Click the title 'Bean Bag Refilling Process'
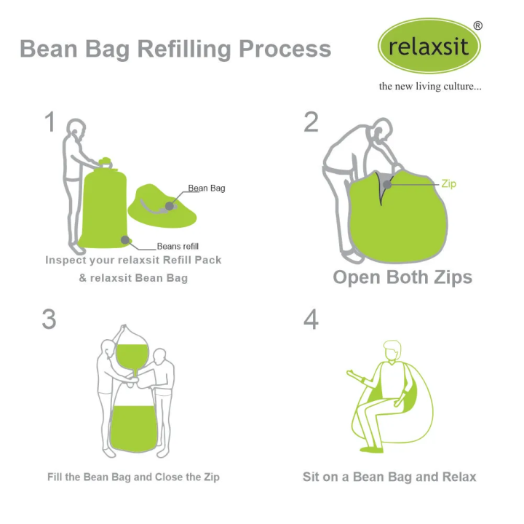[175, 49]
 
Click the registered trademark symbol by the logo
[477, 25]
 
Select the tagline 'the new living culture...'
[429, 86]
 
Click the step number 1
[49, 122]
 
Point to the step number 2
[311, 122]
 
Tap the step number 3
[49, 319]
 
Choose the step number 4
[311, 319]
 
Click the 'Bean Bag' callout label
[207, 188]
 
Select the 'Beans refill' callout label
[178, 247]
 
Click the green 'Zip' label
[448, 184]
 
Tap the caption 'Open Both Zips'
[402, 277]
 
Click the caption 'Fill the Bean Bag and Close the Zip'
[133, 477]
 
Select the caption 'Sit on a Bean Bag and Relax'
[389, 477]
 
